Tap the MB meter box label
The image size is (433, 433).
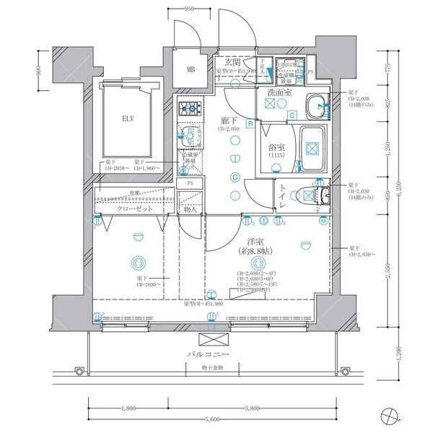[x=191, y=70]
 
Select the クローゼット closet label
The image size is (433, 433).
[x=135, y=209]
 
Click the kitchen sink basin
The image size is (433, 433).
[x=187, y=136]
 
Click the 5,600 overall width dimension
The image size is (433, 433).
[x=211, y=419]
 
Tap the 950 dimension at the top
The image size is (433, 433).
[x=189, y=9]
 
